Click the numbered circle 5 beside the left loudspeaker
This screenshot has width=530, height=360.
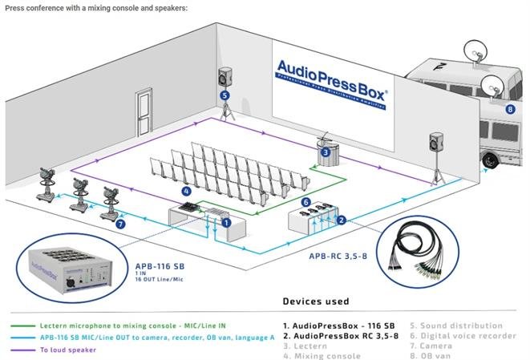225,95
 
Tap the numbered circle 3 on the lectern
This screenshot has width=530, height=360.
326,152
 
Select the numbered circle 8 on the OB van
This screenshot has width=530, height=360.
510,109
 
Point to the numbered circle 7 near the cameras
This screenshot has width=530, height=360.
120,224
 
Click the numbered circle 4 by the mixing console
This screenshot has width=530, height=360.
186,192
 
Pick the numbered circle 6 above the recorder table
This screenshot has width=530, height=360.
305,202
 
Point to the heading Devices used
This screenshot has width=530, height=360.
315,301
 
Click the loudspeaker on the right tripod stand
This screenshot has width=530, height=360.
436,144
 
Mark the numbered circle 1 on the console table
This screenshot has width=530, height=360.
227,221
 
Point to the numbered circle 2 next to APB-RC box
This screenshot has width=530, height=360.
341,220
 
